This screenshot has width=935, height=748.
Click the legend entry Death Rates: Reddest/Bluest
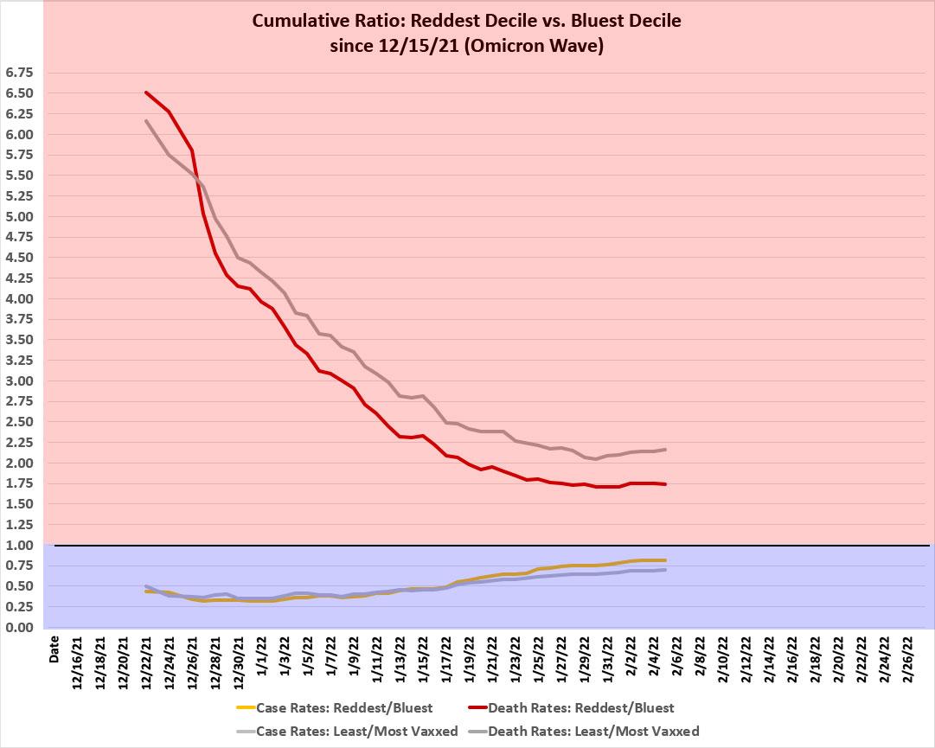tap(580, 708)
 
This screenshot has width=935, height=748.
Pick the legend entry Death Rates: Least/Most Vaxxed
tap(593, 731)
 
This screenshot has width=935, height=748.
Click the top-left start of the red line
tap(146, 93)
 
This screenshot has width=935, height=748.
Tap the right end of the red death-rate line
tap(665, 484)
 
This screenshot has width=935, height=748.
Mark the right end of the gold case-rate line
tap(665, 560)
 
